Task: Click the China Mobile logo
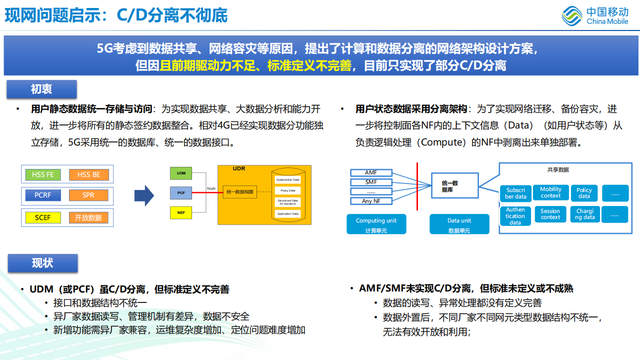pyautogui.click(x=595, y=15)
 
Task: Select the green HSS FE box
pyautogui.click(x=43, y=174)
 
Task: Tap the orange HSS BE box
pyautogui.click(x=88, y=174)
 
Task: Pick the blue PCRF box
pyautogui.click(x=43, y=195)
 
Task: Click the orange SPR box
pyautogui.click(x=88, y=195)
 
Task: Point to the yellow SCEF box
pyautogui.click(x=43, y=217)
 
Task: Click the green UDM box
pyautogui.click(x=181, y=173)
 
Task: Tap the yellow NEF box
pyautogui.click(x=181, y=212)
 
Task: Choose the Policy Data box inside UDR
pyautogui.click(x=287, y=190)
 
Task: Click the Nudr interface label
pyautogui.click(x=211, y=188)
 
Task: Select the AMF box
pyautogui.click(x=371, y=172)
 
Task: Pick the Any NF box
pyautogui.click(x=371, y=201)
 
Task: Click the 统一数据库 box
pyautogui.click(x=454, y=186)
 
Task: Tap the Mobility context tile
pyautogui.click(x=550, y=192)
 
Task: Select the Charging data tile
pyautogui.click(x=585, y=214)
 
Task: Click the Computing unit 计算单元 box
pyautogui.click(x=376, y=224)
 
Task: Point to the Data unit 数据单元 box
pyautogui.click(x=459, y=224)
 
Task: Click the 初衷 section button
pyautogui.click(x=41, y=89)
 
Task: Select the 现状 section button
pyautogui.click(x=42, y=263)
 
